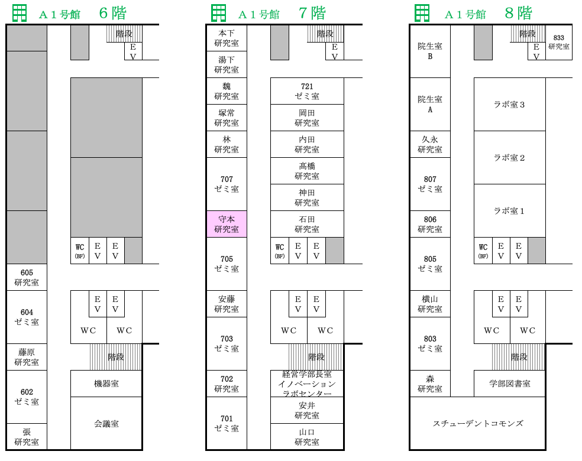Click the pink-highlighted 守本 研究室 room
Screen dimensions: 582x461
(227, 224)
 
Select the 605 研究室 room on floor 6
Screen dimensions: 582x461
(27, 277)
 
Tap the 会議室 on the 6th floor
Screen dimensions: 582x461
(106, 423)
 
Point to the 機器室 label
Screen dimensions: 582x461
(106, 384)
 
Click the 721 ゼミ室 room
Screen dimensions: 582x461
(307, 91)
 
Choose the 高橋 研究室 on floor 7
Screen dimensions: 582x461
(307, 171)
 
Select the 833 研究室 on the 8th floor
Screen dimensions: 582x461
(558, 43)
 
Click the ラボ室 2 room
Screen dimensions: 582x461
(510, 158)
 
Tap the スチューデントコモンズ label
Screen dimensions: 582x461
(478, 423)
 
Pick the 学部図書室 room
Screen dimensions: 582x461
(510, 384)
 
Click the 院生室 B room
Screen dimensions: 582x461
(430, 51)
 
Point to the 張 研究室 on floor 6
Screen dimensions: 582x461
(27, 437)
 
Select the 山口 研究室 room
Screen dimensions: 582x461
(307, 437)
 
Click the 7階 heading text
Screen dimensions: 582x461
(312, 14)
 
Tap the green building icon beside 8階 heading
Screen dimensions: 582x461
(422, 14)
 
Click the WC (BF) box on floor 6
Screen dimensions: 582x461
(80, 251)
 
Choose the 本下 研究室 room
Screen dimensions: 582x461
(227, 38)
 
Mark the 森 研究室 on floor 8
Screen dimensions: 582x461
(430, 384)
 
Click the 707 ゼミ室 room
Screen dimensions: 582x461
(227, 184)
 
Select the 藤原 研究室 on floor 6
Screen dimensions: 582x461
(27, 357)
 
